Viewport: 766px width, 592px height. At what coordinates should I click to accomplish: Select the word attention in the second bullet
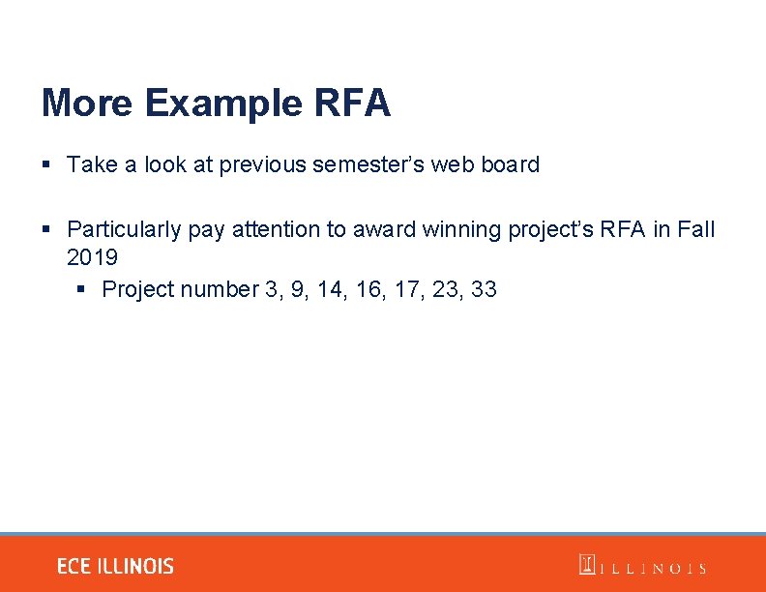point(275,229)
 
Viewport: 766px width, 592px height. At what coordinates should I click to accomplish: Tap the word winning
point(464,229)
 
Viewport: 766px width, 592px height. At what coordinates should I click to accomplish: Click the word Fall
point(695,229)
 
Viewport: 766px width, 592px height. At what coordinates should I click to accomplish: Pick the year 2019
point(92,257)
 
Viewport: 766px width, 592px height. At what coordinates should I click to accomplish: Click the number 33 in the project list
point(484,289)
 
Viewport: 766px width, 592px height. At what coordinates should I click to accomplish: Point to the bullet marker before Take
point(46,165)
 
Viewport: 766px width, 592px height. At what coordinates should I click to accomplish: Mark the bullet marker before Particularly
point(46,230)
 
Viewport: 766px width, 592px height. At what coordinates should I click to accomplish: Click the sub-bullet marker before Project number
point(81,290)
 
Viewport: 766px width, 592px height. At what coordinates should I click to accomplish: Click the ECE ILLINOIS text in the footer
point(115,567)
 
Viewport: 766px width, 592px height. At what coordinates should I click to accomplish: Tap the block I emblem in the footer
point(587,565)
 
